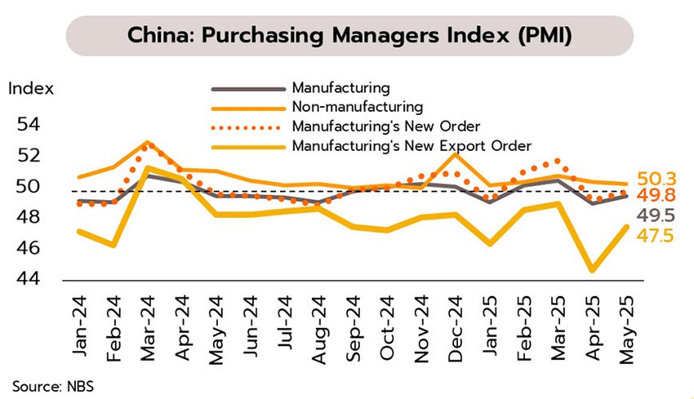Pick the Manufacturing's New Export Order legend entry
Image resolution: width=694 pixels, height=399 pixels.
click(x=411, y=146)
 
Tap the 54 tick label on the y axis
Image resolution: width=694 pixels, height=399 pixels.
click(x=27, y=125)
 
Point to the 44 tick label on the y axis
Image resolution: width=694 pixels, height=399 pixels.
click(x=27, y=279)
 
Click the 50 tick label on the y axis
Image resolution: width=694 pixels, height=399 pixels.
click(x=27, y=187)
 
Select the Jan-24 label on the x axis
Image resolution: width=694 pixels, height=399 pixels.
click(x=78, y=321)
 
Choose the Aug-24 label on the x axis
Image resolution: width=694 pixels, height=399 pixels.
click(x=318, y=321)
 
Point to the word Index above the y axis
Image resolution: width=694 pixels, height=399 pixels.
click(x=31, y=88)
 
